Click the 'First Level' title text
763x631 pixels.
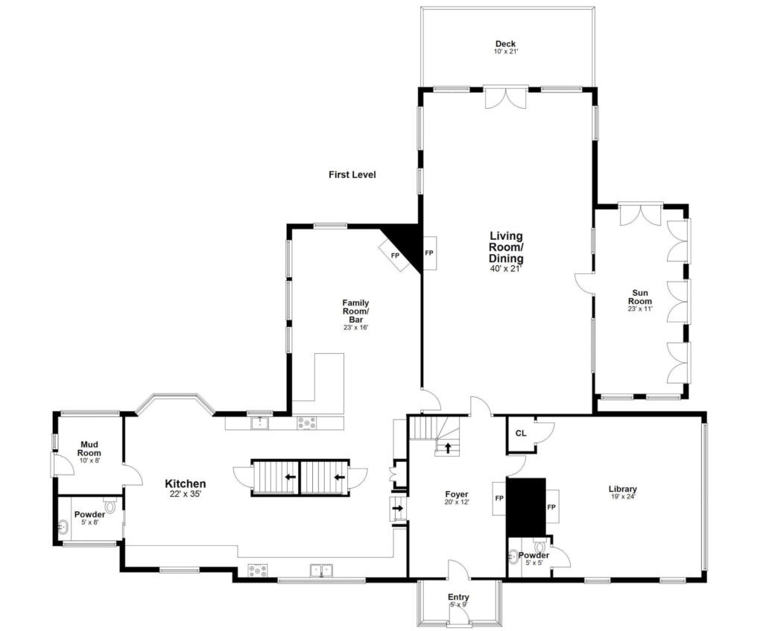(x=352, y=175)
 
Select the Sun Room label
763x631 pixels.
(x=639, y=297)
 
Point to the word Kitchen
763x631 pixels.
(x=185, y=483)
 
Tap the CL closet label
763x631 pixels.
(x=521, y=433)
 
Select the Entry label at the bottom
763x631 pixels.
(x=458, y=597)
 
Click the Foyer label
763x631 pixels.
(x=456, y=494)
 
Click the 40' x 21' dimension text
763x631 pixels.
(x=506, y=269)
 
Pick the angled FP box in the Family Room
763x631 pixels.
(x=396, y=255)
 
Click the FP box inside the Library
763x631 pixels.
(x=552, y=507)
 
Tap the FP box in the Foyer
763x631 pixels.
(x=498, y=498)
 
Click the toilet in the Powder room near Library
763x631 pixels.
(x=539, y=548)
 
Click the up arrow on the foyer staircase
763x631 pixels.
(x=448, y=448)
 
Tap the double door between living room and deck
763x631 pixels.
(x=505, y=98)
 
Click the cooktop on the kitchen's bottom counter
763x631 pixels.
(x=257, y=571)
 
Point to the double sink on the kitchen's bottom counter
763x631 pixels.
(x=321, y=571)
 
